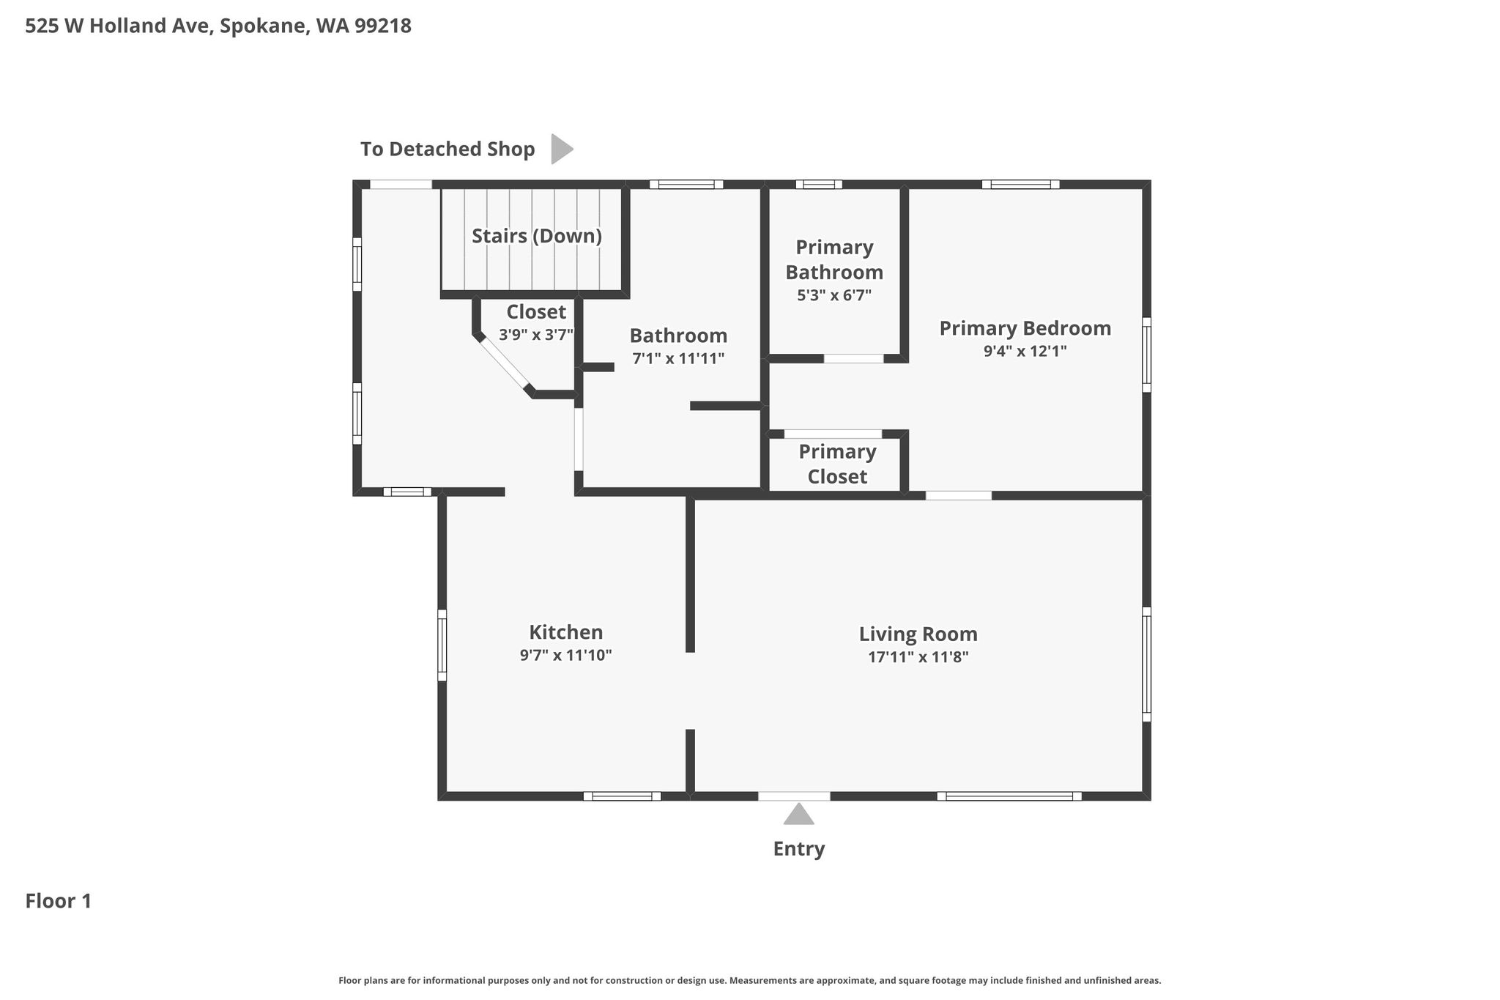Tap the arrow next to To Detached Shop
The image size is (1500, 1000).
pos(562,149)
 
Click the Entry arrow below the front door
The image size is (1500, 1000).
pos(798,814)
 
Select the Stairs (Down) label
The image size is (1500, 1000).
pos(537,236)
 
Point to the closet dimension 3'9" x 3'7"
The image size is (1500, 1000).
pos(536,335)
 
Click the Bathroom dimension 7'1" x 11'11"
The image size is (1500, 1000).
pos(678,358)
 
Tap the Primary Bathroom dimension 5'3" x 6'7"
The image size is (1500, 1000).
pos(834,295)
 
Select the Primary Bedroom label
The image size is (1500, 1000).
pos(1025,328)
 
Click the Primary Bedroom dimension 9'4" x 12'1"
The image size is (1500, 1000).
pos(1025,351)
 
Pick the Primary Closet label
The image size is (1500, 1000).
pos(837,464)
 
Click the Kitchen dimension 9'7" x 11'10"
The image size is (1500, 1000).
pos(565,655)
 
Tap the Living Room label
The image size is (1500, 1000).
pos(918,634)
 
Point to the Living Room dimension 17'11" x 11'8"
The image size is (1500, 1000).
pos(918,657)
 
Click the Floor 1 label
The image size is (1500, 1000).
pos(59,901)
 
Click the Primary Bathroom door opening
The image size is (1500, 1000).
pos(854,359)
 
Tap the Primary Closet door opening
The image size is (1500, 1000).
pos(833,434)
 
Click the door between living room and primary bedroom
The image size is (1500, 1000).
pos(959,496)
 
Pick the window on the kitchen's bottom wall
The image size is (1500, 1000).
pos(622,796)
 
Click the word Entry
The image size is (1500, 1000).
pos(799,849)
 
